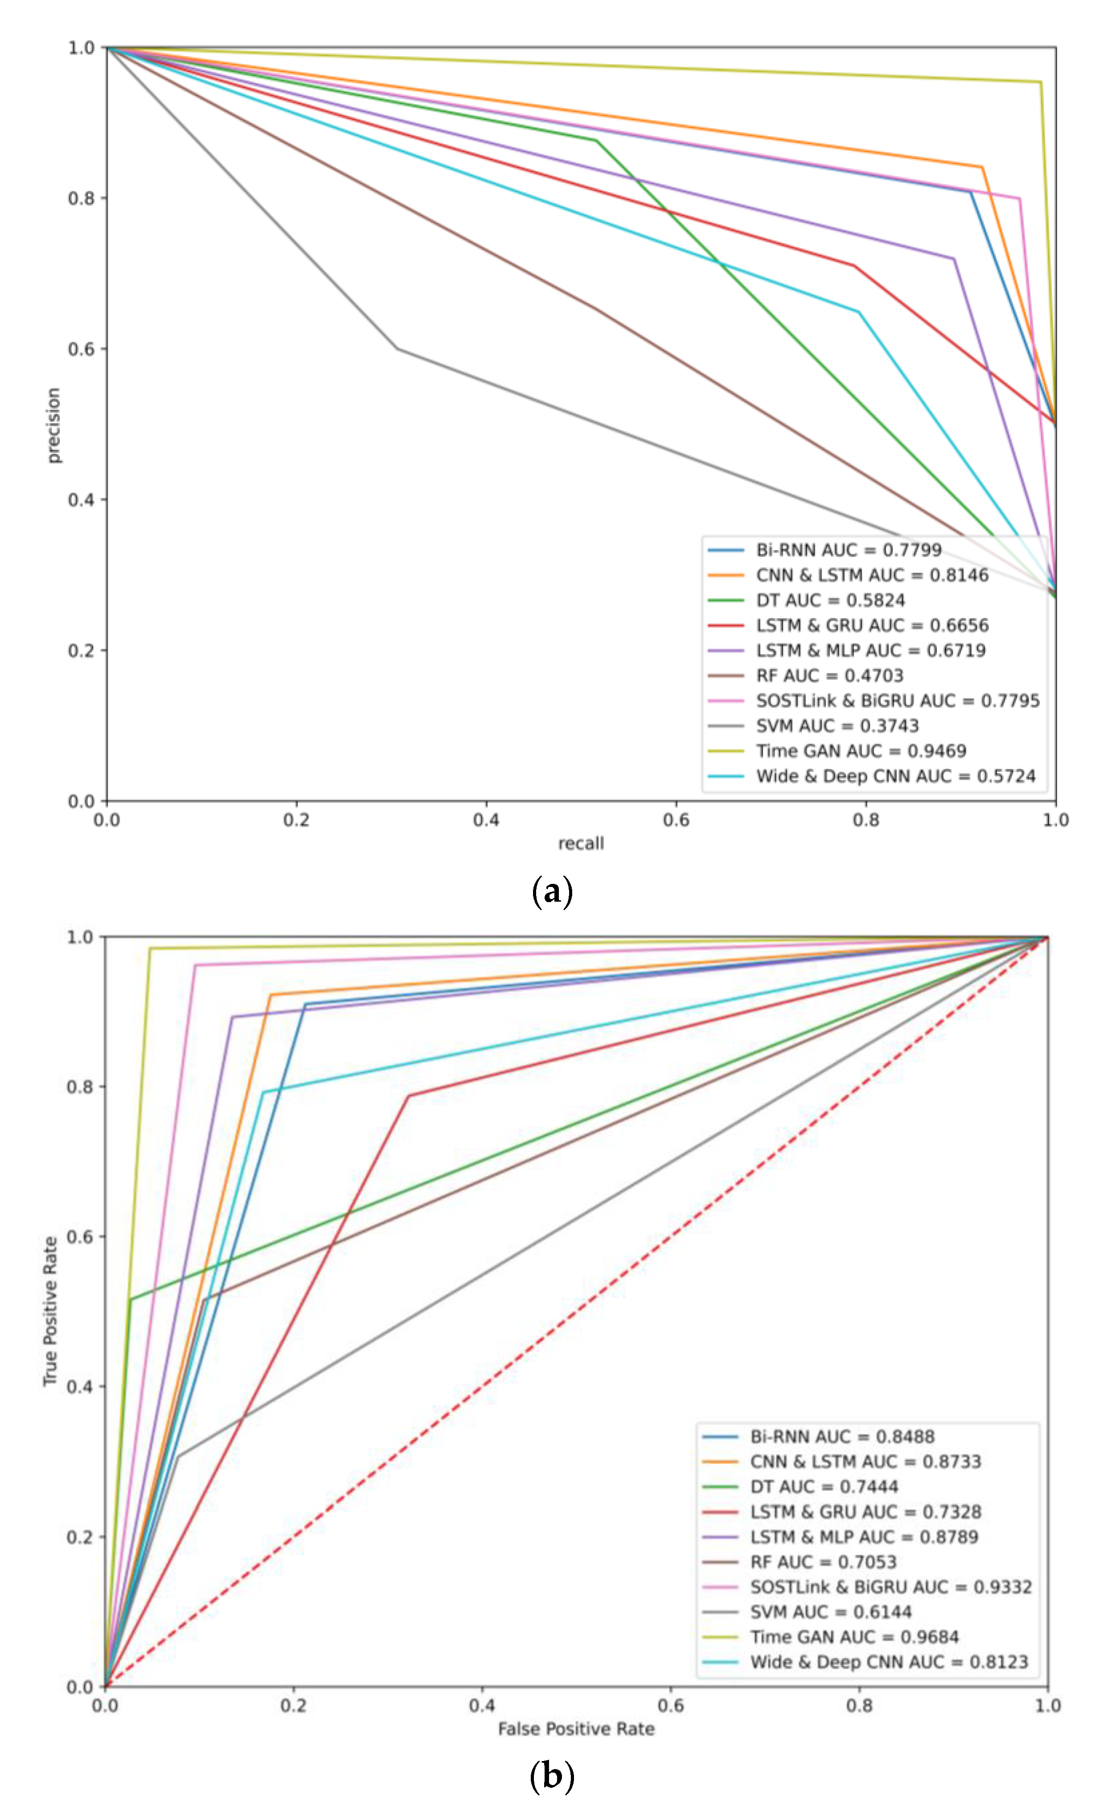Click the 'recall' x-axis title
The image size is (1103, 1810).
pos(581,843)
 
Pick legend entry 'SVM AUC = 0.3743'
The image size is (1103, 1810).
pos(837,726)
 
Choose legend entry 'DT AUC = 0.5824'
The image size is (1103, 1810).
pos(830,600)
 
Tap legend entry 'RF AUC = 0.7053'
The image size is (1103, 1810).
pos(823,1562)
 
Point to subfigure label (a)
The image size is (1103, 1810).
pos(551,892)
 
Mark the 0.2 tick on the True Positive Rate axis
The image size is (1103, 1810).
pos(79,1537)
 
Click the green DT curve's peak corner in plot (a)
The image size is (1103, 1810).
pos(596,140)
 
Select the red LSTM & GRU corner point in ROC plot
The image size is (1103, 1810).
pos(409,1096)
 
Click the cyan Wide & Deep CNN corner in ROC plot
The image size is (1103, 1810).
pos(262,1092)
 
